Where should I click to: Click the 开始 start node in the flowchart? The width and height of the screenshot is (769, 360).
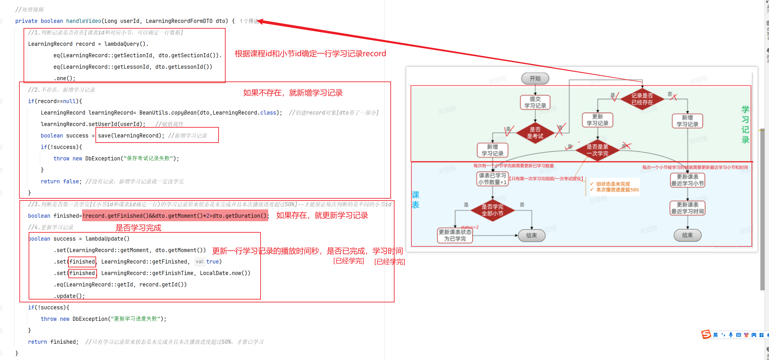[535, 78]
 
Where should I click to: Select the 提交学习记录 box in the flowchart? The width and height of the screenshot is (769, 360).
[535, 102]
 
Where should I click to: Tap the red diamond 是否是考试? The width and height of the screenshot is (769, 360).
[535, 133]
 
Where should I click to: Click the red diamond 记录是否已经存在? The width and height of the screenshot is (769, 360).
[642, 99]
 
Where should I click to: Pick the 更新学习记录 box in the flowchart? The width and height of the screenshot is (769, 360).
[597, 120]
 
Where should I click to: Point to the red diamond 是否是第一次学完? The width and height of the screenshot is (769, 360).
[597, 150]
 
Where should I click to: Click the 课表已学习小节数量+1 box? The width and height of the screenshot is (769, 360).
[492, 179]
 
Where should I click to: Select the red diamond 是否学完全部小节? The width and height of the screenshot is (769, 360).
[492, 210]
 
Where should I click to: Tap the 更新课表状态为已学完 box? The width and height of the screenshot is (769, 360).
[455, 235]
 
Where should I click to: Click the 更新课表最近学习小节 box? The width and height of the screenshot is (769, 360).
[687, 180]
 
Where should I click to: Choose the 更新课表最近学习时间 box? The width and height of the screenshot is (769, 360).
[687, 208]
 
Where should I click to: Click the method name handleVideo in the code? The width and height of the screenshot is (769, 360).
[83, 21]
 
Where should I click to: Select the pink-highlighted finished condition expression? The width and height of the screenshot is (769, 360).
[175, 216]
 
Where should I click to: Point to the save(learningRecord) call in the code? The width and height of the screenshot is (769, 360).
[131, 136]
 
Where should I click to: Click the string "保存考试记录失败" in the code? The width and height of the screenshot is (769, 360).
[150, 159]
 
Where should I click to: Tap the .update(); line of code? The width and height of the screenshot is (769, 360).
[69, 296]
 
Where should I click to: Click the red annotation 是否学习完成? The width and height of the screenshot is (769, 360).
[138, 228]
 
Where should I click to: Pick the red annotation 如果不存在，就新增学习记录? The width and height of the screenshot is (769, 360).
[293, 93]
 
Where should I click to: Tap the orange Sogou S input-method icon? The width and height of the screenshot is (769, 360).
[706, 334]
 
